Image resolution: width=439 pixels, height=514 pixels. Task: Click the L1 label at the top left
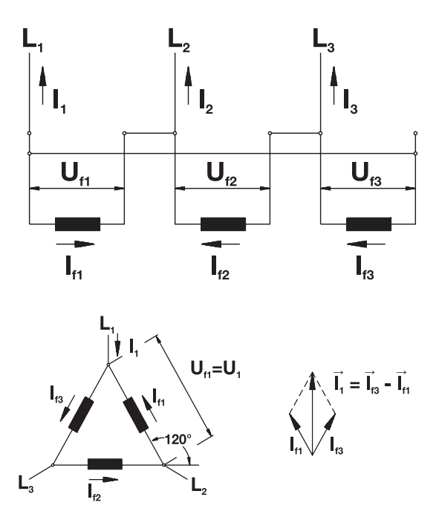33,40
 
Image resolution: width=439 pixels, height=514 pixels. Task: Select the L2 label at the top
179,40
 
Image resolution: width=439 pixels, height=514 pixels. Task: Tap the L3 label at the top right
324,40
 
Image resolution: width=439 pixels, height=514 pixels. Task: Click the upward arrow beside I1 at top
42,85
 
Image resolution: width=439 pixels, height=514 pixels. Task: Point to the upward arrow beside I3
334,85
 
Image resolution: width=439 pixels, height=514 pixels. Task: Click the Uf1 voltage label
75,174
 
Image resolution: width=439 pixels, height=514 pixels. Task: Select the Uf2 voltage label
221,174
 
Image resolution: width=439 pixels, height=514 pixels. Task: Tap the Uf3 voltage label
366,174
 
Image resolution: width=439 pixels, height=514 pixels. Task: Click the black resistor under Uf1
77,224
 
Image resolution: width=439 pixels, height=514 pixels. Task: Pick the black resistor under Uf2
223,224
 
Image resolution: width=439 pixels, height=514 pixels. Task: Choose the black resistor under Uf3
368,224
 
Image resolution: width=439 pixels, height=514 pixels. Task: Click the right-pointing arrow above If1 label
75,244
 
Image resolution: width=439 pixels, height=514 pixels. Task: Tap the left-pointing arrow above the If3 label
366,244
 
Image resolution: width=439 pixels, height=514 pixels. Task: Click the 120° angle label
178,440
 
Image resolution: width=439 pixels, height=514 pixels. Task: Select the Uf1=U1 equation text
215,370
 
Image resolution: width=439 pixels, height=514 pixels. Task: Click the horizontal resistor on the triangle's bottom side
105,464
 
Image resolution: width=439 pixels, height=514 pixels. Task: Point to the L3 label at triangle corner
25,484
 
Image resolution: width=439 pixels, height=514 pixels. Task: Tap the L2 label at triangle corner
198,486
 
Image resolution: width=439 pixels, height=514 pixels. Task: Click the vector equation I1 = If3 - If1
371,383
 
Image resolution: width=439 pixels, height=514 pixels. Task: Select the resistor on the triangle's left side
81,414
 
